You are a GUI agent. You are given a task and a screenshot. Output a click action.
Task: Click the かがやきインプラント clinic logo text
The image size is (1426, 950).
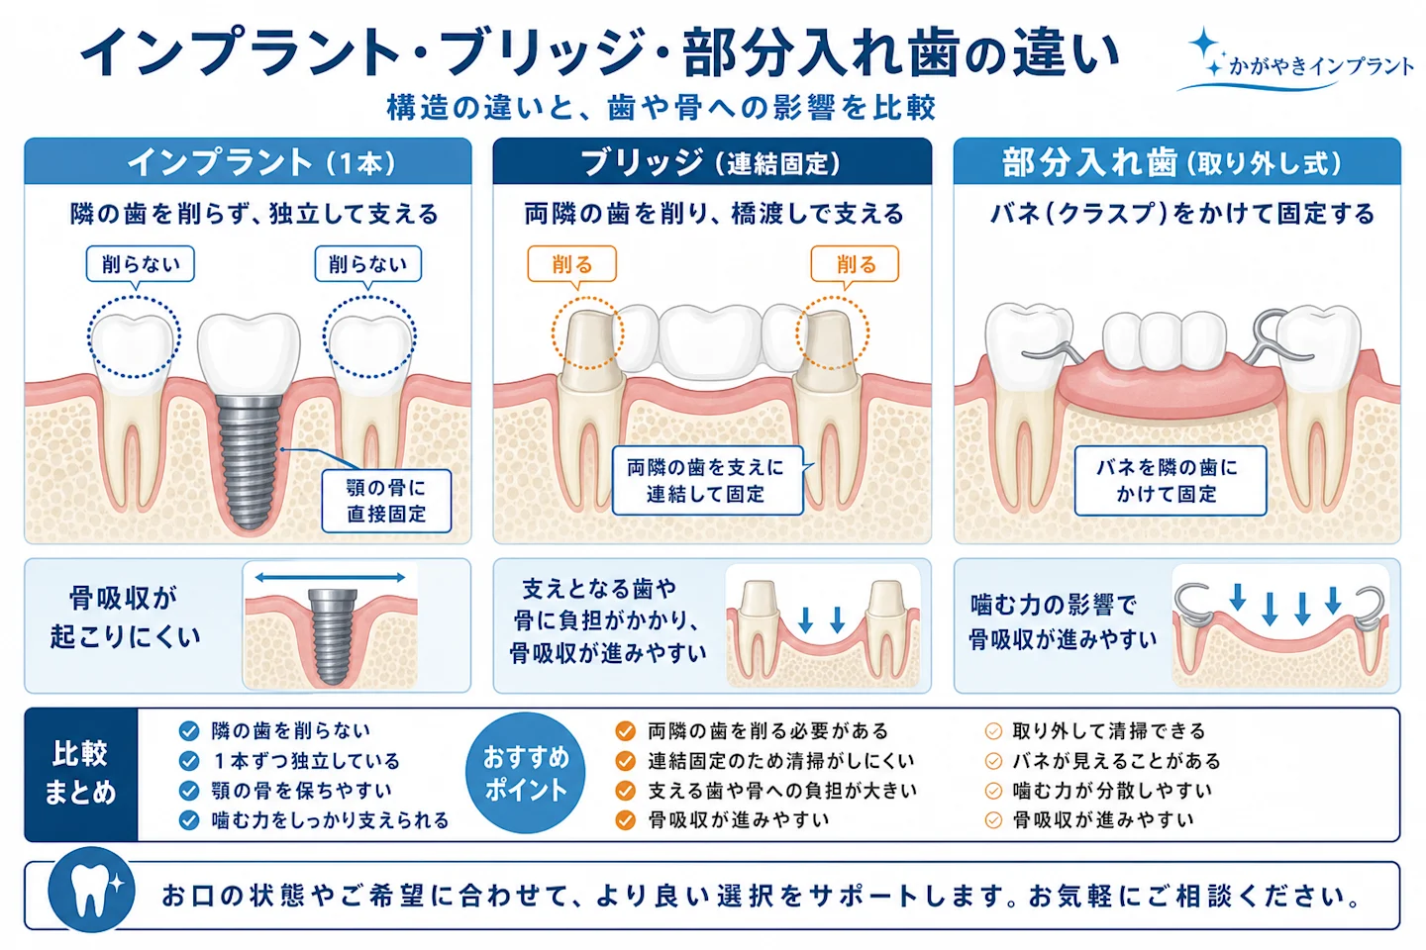click(1321, 66)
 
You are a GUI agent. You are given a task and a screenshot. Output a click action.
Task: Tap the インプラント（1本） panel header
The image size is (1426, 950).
click(248, 161)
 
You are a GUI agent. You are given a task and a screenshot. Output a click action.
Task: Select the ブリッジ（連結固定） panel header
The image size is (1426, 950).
click(712, 161)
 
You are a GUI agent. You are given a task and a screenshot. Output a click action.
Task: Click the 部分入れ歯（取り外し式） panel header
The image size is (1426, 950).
click(1177, 161)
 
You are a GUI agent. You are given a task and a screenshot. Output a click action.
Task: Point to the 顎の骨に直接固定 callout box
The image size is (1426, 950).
click(386, 501)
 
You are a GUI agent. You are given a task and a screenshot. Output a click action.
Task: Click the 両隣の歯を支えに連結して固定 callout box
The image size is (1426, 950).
click(707, 480)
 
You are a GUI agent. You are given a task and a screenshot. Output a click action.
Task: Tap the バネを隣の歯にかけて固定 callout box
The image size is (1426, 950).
click(1171, 480)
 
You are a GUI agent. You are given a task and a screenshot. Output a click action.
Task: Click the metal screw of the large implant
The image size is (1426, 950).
click(249, 462)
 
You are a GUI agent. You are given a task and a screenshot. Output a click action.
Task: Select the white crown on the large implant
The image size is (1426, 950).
click(249, 354)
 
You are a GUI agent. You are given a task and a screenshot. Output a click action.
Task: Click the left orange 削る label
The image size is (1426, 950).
click(571, 263)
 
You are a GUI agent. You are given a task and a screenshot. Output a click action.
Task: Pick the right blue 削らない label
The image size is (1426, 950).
click(368, 263)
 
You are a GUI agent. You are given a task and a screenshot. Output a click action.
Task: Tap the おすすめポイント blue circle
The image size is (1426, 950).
click(525, 773)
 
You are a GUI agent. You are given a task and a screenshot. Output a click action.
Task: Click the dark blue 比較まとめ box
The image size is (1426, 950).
click(81, 774)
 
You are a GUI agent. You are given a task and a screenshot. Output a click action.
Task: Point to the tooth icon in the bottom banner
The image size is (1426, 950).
click(91, 890)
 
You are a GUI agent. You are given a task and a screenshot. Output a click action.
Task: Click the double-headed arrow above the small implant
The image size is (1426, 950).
click(330, 577)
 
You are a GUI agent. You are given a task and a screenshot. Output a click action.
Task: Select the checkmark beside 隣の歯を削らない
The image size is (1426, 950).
click(189, 731)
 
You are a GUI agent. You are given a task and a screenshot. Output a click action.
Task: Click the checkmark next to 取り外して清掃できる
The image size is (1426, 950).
click(993, 731)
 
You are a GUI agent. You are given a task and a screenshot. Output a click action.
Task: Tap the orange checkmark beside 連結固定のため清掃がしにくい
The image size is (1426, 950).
click(625, 760)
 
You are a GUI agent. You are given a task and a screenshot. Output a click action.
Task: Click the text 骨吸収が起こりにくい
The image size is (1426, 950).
click(126, 617)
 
